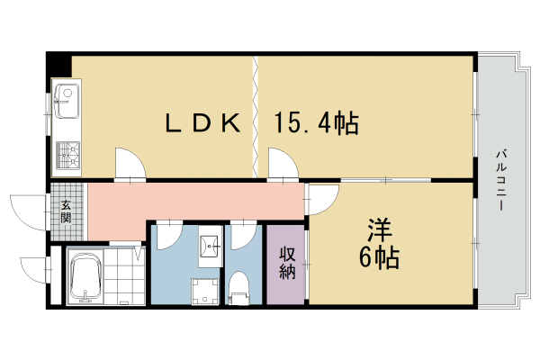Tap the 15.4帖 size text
317,123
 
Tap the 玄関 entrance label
66,210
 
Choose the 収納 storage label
287,262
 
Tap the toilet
239,287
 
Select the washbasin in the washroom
210,244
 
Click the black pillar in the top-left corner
59,65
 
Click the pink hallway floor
198,200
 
